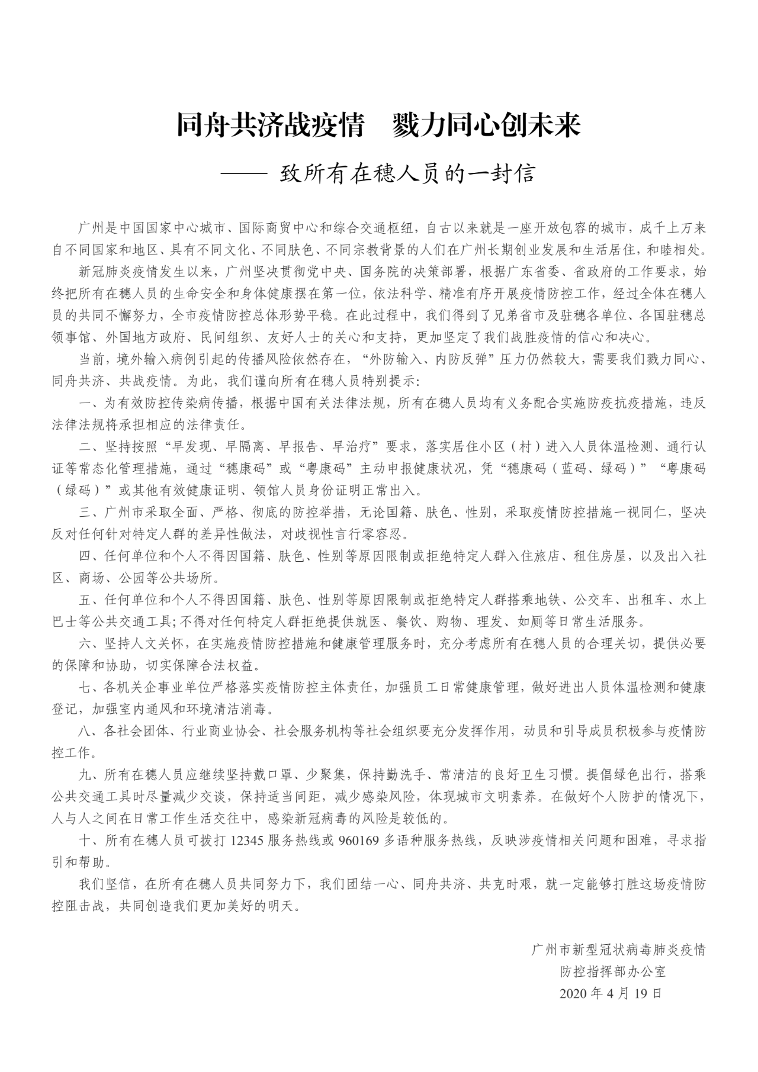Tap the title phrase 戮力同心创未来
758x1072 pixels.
(486, 125)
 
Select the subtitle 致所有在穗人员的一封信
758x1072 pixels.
(407, 174)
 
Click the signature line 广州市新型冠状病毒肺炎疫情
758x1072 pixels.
(618, 950)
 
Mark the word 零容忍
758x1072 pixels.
(388, 535)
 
